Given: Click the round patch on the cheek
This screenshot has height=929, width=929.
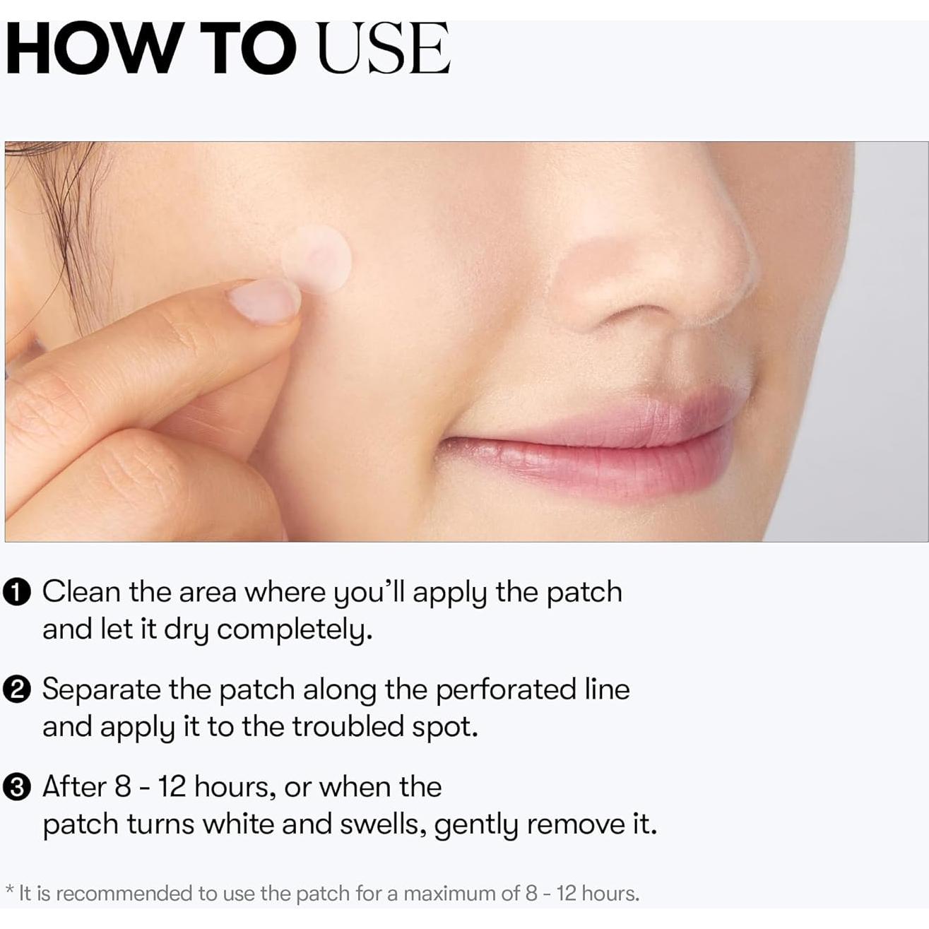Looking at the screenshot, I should pyautogui.click(x=316, y=259).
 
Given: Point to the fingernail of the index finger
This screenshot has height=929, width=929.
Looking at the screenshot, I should pyautogui.click(x=264, y=301).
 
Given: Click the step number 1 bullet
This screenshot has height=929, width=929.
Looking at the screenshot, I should pyautogui.click(x=17, y=593).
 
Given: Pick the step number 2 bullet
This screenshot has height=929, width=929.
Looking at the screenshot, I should pyautogui.click(x=17, y=690).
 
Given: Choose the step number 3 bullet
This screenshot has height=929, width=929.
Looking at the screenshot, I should pyautogui.click(x=17, y=788).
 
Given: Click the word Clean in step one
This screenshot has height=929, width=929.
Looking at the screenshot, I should pyautogui.click(x=81, y=592).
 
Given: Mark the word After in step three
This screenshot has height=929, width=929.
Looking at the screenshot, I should pyautogui.click(x=74, y=787).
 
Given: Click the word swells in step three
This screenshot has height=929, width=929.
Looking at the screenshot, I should pyautogui.click(x=386, y=824).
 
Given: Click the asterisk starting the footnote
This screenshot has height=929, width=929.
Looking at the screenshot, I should pyautogui.click(x=9, y=890).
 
